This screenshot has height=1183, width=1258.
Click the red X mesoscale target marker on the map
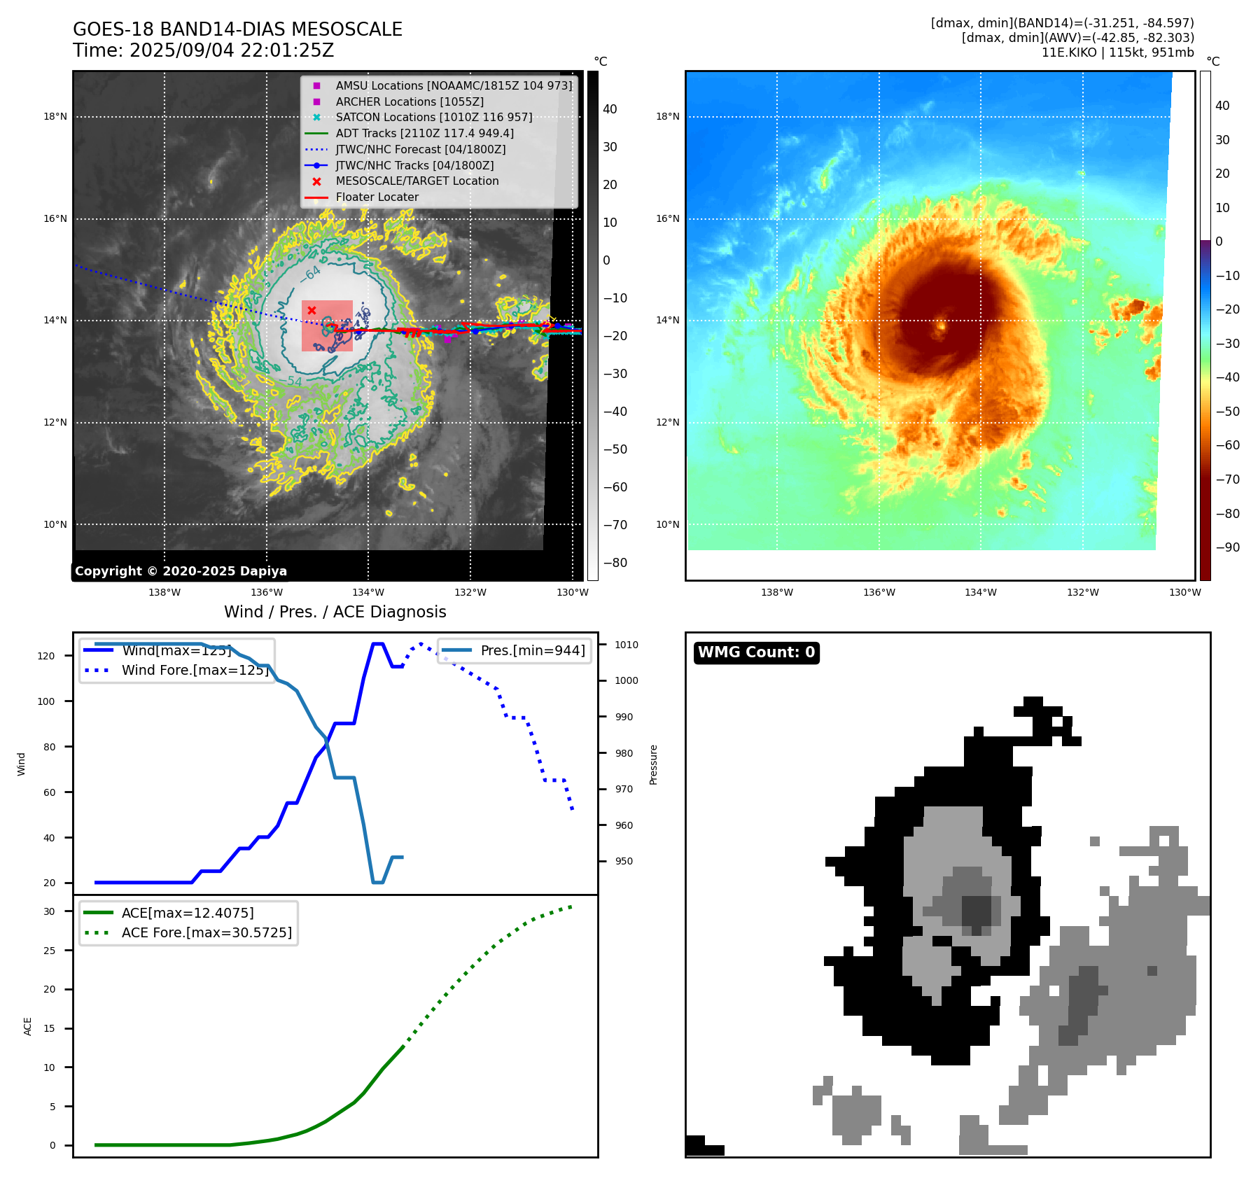pyautogui.click(x=312, y=310)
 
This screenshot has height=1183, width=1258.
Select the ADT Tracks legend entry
pyautogui.click(x=424, y=133)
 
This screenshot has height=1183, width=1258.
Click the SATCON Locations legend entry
pyautogui.click(x=433, y=117)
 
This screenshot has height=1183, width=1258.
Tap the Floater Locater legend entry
pyautogui.click(x=377, y=197)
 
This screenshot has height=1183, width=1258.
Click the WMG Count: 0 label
pyautogui.click(x=756, y=652)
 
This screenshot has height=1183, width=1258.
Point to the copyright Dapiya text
pyautogui.click(x=181, y=571)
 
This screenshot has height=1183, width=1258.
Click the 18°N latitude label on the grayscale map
pyautogui.click(x=55, y=117)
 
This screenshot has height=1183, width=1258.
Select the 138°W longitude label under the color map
pyautogui.click(x=777, y=592)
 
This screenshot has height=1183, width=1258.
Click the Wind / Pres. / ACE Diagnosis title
pyautogui.click(x=335, y=612)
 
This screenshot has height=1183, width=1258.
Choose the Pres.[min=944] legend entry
pyautogui.click(x=532, y=650)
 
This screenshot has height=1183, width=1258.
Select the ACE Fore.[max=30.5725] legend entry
pyautogui.click(x=206, y=932)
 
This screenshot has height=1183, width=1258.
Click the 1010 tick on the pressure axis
pyautogui.click(x=627, y=645)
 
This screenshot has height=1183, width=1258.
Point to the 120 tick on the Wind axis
pyautogui.click(x=46, y=656)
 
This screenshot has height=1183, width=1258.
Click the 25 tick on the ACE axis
pyautogui.click(x=49, y=951)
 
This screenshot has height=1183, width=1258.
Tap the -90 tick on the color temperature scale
pyautogui.click(x=1227, y=547)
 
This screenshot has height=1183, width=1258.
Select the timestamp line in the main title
pyautogui.click(x=203, y=50)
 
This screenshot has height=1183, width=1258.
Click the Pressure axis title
pyautogui.click(x=653, y=764)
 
